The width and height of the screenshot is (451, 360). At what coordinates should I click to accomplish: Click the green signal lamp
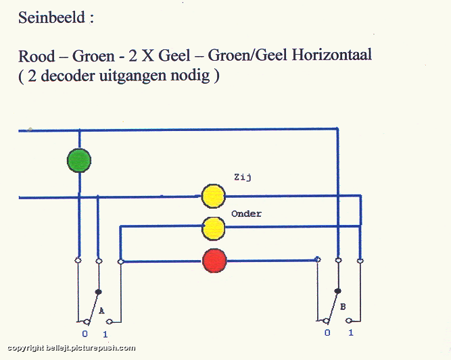(79, 160)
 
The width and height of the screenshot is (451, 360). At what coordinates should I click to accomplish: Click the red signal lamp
(214, 261)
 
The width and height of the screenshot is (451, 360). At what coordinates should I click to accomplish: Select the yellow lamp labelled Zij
(213, 197)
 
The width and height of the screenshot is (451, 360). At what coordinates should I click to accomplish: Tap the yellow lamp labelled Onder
(213, 228)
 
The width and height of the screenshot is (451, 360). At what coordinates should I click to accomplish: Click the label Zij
(243, 177)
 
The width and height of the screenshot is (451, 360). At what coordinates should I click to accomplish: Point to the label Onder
(247, 213)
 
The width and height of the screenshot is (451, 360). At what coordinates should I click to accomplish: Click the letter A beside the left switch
(101, 311)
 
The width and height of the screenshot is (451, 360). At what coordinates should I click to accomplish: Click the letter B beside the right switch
(343, 307)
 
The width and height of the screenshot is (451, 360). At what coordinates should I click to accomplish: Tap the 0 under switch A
(85, 334)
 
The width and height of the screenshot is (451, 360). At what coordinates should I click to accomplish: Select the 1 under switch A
(105, 334)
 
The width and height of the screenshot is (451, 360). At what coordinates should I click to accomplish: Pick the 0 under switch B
(327, 333)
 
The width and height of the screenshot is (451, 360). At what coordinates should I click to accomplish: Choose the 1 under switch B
(351, 333)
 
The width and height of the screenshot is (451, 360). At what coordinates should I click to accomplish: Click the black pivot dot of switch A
(98, 292)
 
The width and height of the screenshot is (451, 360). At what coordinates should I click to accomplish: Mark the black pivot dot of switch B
(338, 291)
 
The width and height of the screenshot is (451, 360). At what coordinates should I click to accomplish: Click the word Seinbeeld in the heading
(51, 18)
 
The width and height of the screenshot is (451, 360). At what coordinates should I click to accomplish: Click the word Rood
(37, 56)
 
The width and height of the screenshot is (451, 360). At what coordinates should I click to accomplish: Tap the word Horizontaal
(331, 55)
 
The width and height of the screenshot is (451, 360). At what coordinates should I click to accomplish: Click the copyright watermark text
(71, 349)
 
